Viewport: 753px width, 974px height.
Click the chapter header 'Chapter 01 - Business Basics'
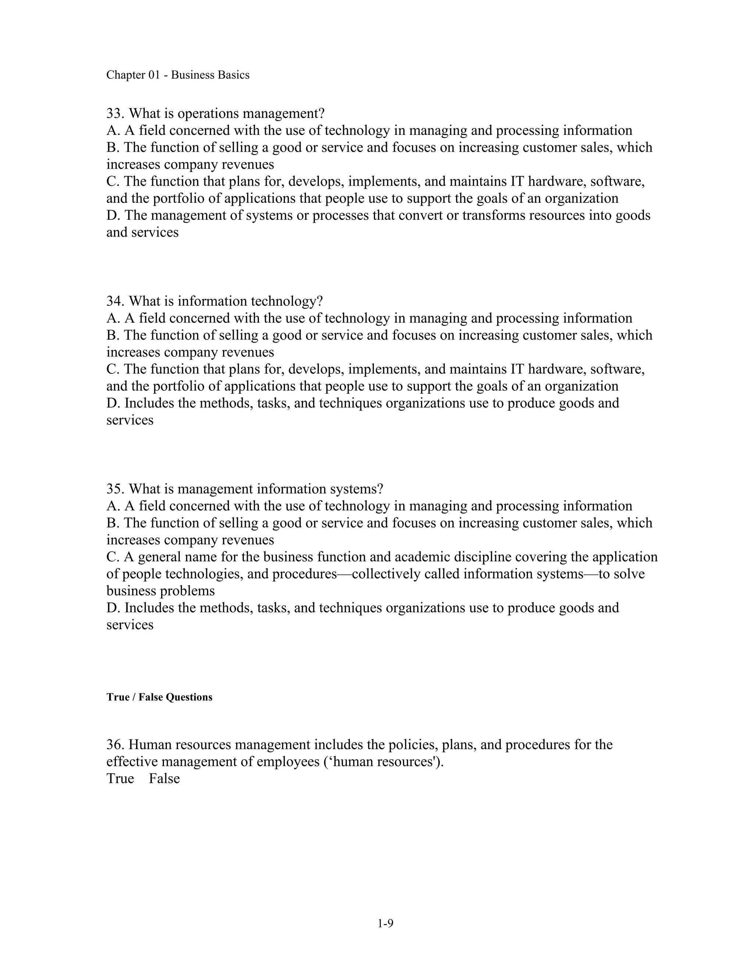click(x=178, y=75)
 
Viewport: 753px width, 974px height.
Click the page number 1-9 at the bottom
click(x=385, y=924)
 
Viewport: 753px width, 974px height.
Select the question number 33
click(x=115, y=113)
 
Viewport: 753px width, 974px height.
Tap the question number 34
click(x=115, y=301)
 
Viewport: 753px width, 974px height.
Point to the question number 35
click(x=115, y=489)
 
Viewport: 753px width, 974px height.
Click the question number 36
click(x=115, y=744)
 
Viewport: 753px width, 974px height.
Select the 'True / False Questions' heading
click(x=159, y=697)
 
